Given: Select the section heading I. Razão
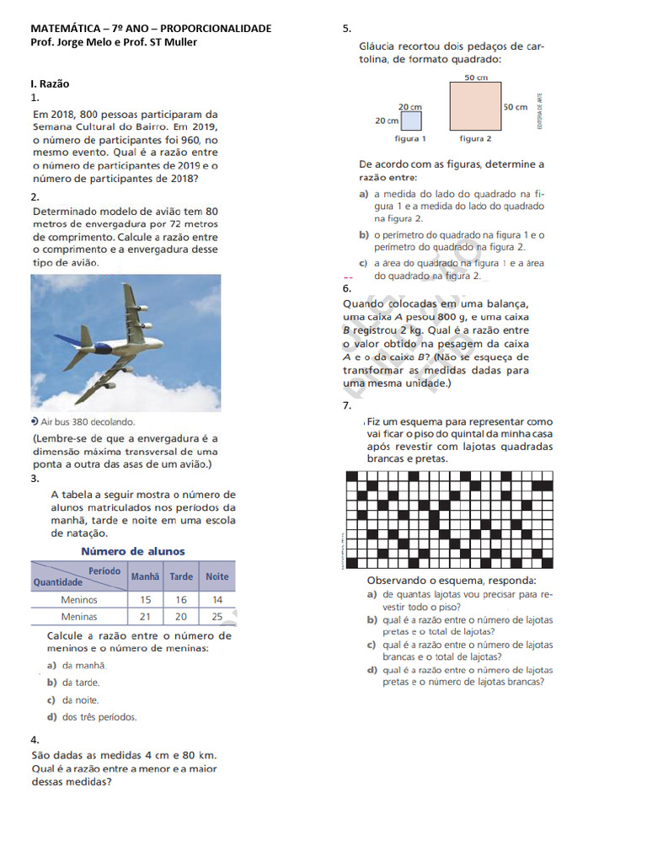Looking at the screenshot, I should coord(50,83).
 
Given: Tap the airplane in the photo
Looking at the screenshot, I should coord(119,334).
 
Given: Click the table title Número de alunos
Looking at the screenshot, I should coord(132,551).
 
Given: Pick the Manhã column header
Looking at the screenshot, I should coord(146,576).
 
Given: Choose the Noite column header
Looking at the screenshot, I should coord(217,576).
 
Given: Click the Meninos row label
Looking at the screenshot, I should coord(79,600).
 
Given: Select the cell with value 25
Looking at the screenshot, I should coord(217,617).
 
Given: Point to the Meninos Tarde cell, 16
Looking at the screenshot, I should coord(181,600).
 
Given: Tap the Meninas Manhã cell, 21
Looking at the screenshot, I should coord(146,617).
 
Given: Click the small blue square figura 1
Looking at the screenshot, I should coord(410,121).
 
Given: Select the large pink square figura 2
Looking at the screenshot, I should coord(475,107).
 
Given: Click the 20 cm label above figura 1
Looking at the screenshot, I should coord(409,107).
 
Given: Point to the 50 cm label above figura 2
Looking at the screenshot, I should coord(476,78).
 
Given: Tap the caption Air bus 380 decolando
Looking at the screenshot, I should coord(87,421).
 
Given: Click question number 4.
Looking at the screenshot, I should coord(35,740).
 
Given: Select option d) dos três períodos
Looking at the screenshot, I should coord(92,717).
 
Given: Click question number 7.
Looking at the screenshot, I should coord(347,406).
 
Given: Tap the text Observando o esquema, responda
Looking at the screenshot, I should coord(451,581).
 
